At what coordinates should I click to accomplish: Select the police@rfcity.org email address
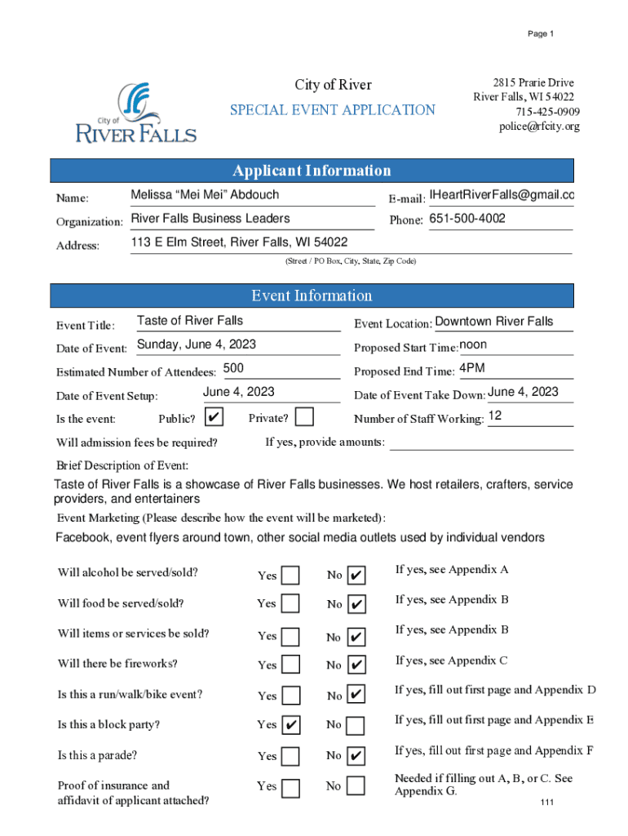[x=539, y=127]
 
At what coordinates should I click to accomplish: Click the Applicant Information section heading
[x=312, y=171]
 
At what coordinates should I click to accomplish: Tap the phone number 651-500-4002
[x=467, y=219]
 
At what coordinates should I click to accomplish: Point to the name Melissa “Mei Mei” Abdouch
[x=205, y=194]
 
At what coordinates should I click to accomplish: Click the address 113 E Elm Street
[x=239, y=242]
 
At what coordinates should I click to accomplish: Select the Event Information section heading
[x=312, y=296]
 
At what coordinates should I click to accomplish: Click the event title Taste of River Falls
[x=190, y=321]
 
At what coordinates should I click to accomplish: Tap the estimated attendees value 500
[x=233, y=368]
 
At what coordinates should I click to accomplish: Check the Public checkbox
[x=214, y=417]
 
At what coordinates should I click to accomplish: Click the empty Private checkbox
[x=304, y=417]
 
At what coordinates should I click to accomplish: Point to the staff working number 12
[x=494, y=416]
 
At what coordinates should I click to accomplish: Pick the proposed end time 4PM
[x=472, y=368]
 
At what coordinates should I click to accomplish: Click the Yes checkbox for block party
[x=290, y=725]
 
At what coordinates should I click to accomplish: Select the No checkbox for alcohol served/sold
[x=356, y=576]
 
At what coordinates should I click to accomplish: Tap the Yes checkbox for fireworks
[x=290, y=665]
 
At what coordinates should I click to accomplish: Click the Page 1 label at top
[x=540, y=33]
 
